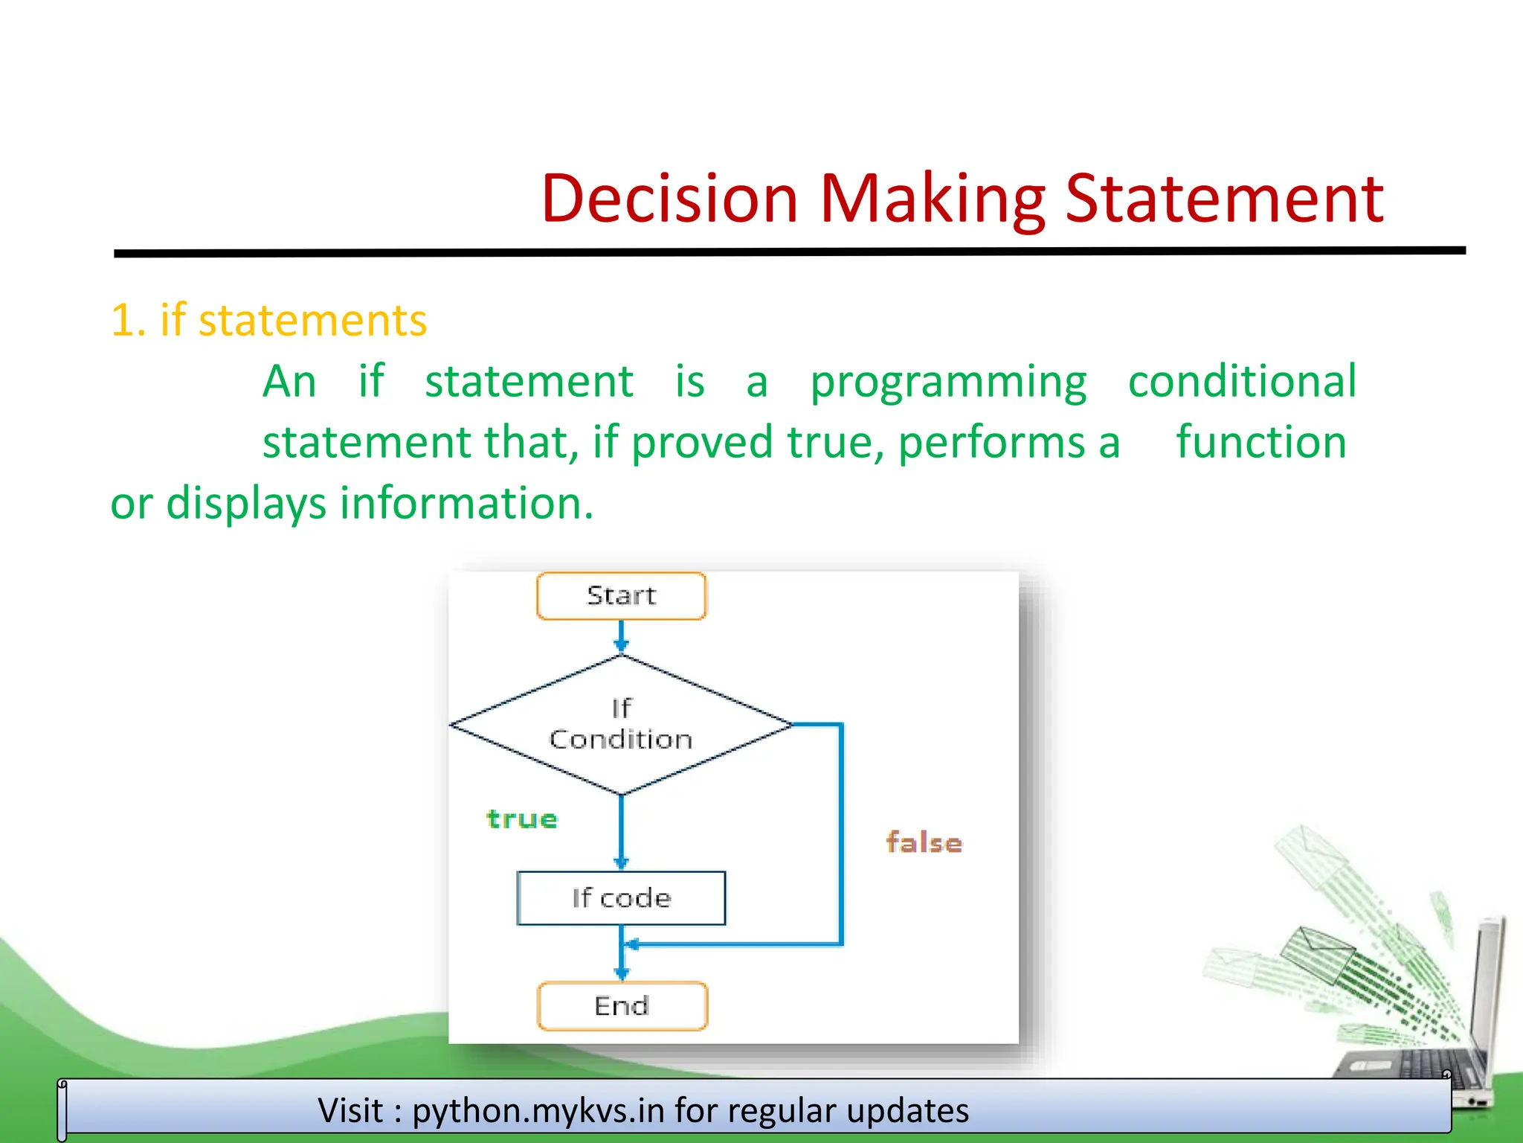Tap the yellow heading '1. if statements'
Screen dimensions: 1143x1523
[268, 321]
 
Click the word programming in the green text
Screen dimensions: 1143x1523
[948, 382]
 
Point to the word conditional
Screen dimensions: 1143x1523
[1242, 381]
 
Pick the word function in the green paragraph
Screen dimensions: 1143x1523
[1260, 442]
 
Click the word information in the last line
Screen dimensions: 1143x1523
[466, 503]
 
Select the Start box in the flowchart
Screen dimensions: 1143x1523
[621, 596]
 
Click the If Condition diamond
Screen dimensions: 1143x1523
[621, 724]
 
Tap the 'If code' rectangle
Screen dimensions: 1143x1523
[621, 898]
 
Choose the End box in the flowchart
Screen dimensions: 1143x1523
[622, 1006]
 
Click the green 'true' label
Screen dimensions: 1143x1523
[522, 819]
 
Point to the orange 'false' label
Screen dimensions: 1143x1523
[924, 843]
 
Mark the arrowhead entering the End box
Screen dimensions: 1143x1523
[622, 973]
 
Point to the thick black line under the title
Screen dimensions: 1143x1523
[788, 252]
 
